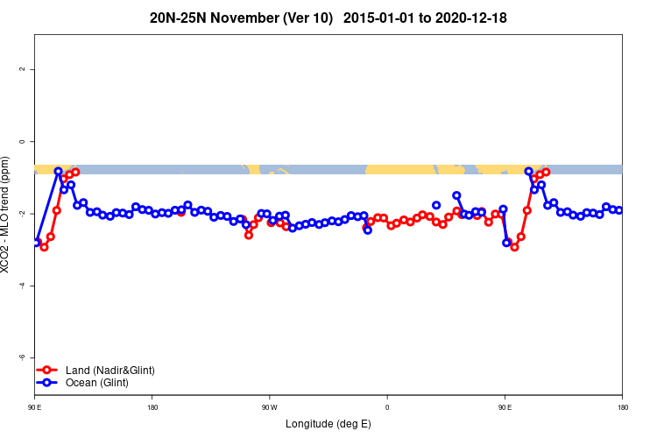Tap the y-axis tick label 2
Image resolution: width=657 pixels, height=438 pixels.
[x=22, y=69]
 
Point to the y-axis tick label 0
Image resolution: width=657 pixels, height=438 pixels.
[x=22, y=141]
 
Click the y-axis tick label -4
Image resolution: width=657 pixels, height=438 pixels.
[x=22, y=286]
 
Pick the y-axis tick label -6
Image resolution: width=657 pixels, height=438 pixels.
[x=22, y=357]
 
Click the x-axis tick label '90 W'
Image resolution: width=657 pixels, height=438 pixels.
[x=269, y=407]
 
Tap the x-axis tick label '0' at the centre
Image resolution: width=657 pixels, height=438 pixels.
[x=387, y=407]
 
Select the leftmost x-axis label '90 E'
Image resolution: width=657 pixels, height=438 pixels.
[x=35, y=407]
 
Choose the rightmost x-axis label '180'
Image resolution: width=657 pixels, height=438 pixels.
[x=622, y=407]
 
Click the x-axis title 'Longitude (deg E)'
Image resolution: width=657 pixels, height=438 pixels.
[x=328, y=424]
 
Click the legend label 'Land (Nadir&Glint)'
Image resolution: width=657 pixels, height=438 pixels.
[x=109, y=370]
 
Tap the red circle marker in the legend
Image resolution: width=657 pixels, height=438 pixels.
[x=48, y=370]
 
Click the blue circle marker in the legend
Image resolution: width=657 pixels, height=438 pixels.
[x=48, y=383]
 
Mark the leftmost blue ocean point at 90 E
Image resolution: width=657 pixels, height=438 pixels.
[x=37, y=241]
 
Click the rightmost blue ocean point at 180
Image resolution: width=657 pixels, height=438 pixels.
[x=619, y=210]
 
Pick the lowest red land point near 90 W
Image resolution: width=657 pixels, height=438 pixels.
[x=249, y=235]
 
